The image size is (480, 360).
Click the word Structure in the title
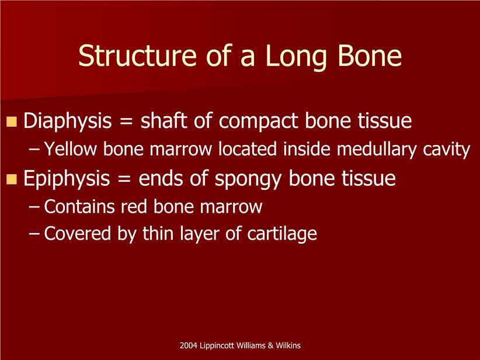point(137,56)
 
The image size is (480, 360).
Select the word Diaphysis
point(67,122)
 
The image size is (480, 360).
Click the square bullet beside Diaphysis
point(11,122)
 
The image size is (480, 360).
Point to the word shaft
point(164,120)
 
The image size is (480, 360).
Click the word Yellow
point(71,149)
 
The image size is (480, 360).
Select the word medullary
point(377,150)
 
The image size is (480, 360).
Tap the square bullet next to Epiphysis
point(11,179)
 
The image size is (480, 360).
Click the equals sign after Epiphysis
point(124,179)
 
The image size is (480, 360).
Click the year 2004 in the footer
point(188,345)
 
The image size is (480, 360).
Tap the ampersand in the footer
point(270,345)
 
